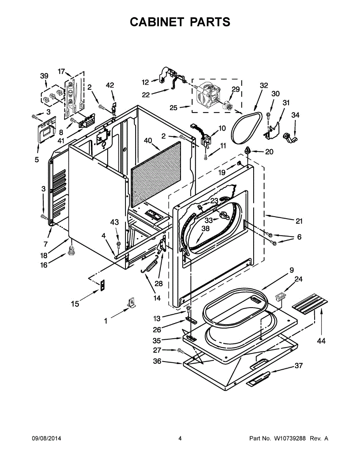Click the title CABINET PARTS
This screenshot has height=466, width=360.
click(x=180, y=22)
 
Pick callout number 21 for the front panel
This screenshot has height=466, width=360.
click(x=299, y=221)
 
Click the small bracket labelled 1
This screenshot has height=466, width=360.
click(x=132, y=303)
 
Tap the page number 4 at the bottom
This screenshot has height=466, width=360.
click(x=180, y=438)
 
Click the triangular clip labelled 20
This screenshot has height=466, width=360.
click(x=247, y=150)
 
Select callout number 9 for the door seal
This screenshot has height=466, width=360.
click(x=291, y=270)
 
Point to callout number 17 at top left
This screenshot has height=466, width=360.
click(x=61, y=71)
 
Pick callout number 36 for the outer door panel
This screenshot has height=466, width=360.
click(x=157, y=362)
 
